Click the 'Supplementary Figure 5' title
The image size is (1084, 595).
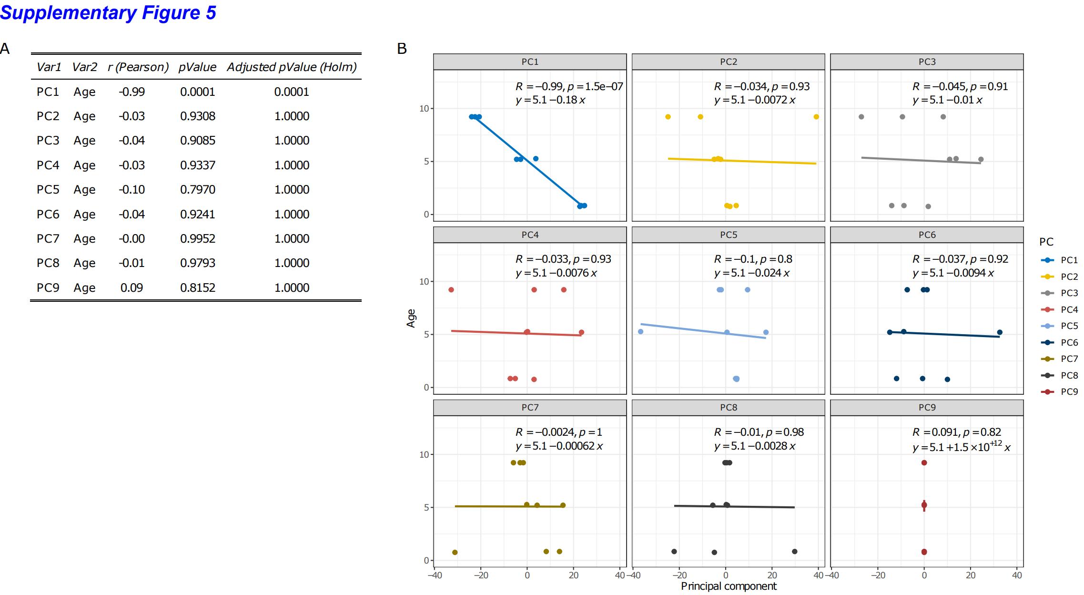pos(108,13)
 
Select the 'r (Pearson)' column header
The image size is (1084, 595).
pos(138,67)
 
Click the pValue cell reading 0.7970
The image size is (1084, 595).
pos(197,190)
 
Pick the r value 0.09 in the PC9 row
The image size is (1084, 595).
pos(132,288)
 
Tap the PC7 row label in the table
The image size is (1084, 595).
pos(48,239)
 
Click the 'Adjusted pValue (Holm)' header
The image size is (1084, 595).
pos(292,67)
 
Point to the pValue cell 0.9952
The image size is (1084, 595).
pos(197,239)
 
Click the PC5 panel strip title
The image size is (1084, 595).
pos(728,235)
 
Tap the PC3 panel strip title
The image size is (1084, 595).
pos(927,62)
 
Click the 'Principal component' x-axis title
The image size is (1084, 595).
pos(728,586)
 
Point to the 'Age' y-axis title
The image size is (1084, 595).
pos(411,318)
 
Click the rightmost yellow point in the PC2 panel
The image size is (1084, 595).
pos(816,117)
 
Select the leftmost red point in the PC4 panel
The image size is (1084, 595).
pos(451,290)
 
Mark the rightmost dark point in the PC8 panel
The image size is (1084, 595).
pos(794,552)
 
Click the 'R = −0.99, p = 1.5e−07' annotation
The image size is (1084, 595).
pos(569,87)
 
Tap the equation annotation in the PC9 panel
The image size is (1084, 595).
pos(961,447)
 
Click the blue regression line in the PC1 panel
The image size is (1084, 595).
pos(529,162)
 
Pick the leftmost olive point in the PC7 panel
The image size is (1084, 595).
pos(455,553)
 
